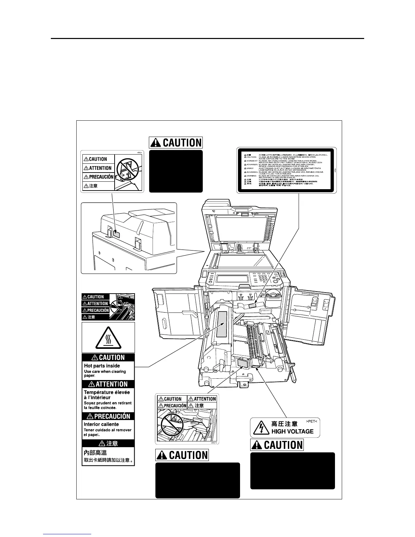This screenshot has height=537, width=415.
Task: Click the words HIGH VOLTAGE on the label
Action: click(292, 431)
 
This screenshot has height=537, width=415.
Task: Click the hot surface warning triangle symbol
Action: click(108, 338)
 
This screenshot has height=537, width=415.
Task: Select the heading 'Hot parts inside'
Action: click(102, 366)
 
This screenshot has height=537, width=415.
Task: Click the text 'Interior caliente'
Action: click(101, 424)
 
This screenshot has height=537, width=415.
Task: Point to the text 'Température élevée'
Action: click(107, 392)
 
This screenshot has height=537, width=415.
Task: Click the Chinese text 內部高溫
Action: click(95, 453)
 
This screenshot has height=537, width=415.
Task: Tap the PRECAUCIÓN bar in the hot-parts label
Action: click(108, 416)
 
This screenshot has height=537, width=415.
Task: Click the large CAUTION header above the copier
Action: click(176, 143)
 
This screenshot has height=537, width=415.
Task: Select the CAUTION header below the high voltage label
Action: click(277, 445)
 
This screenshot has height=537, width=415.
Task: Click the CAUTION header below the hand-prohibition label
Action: click(182, 455)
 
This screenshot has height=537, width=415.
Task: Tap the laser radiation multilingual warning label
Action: click(286, 171)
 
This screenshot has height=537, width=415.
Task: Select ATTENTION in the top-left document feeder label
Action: click(98, 168)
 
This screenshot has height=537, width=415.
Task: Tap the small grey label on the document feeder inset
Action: click(116, 233)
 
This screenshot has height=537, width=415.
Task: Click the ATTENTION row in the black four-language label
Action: click(95, 303)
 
